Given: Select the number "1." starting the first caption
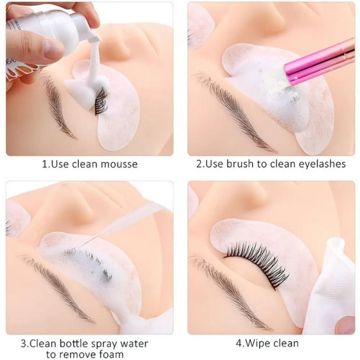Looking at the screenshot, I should pos(45,164).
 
